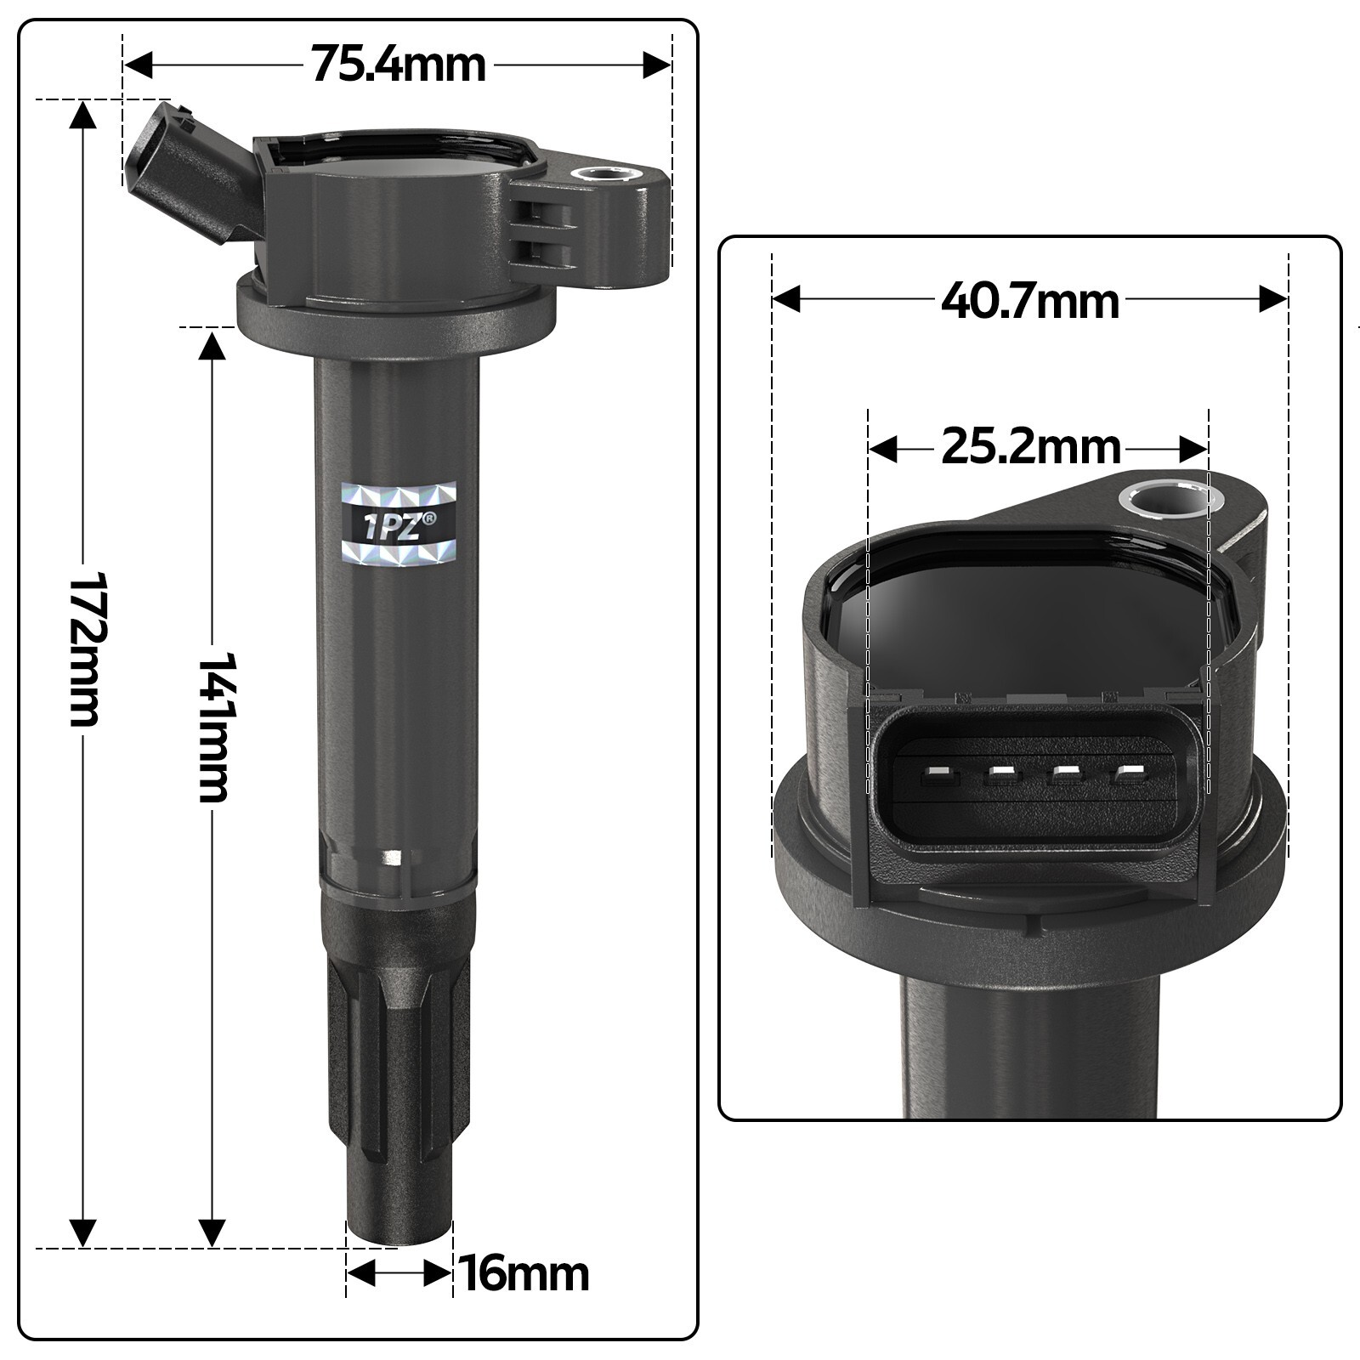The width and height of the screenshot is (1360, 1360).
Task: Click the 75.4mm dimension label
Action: [x=398, y=65]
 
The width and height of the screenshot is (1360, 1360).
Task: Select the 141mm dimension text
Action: [x=212, y=727]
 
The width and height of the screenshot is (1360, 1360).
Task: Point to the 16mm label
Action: [x=524, y=1273]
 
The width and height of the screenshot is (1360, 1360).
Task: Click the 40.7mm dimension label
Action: [x=1029, y=301]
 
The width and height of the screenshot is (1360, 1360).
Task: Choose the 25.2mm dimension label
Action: [x=1031, y=448]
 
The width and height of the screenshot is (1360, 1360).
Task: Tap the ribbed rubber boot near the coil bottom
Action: [x=398, y=1062]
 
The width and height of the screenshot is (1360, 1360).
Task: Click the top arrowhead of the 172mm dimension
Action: [x=82, y=116]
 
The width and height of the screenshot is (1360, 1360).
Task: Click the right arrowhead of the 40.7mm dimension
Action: [x=1272, y=300]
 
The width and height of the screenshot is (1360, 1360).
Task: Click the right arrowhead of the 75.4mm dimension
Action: [x=657, y=65]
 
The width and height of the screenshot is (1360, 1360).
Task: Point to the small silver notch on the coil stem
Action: [x=392, y=856]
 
